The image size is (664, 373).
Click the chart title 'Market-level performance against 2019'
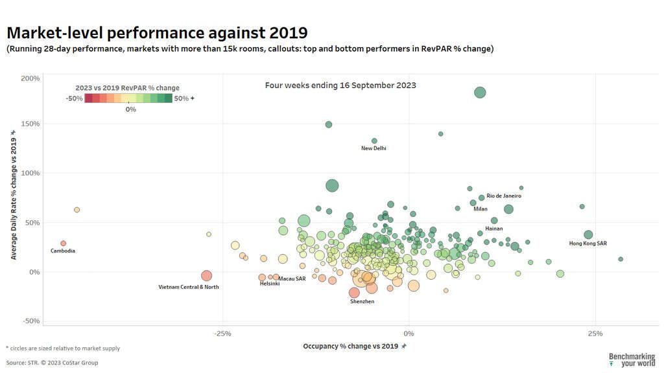point(157,32)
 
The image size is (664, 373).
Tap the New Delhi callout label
point(373,148)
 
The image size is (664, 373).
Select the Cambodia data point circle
point(64,243)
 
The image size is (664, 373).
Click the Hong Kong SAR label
point(588,243)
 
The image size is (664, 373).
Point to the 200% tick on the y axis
point(30,78)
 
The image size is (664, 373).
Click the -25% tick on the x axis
point(222,333)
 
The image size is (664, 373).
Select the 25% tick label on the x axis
point(595,333)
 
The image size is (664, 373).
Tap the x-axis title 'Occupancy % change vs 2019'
point(350,346)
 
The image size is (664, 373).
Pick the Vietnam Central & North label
point(189,287)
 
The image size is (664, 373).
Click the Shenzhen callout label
point(362,302)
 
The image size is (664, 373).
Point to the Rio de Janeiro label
point(504,196)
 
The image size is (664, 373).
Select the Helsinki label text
point(270,284)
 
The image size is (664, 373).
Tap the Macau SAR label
point(292,278)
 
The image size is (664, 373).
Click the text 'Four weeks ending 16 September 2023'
point(340,85)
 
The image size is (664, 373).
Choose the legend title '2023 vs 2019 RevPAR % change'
point(128,88)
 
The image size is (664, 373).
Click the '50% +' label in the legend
point(184,98)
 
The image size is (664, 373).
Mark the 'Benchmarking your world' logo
point(632,359)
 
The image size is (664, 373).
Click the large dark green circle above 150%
point(480,93)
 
